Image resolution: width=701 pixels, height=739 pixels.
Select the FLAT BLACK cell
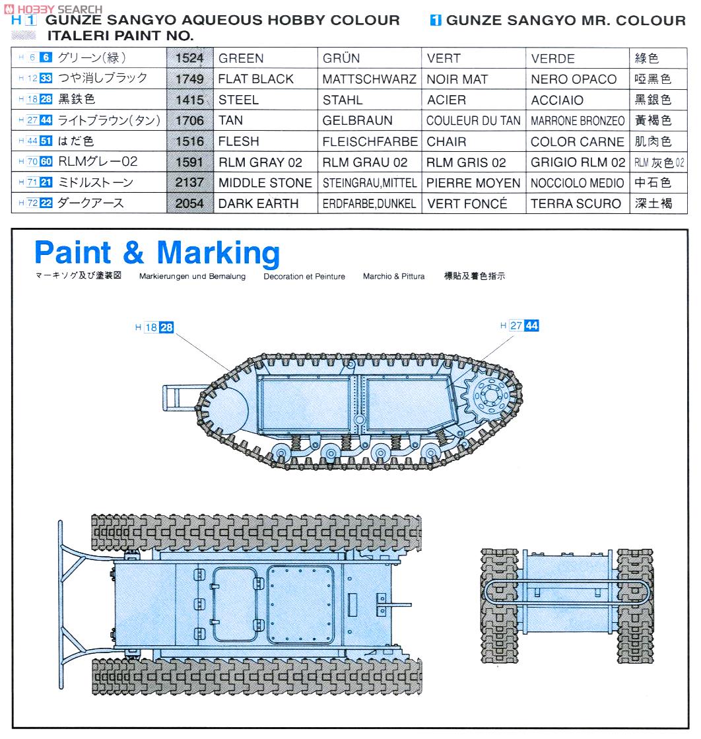click(255, 79)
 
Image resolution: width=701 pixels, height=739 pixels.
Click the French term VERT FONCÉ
click(467, 204)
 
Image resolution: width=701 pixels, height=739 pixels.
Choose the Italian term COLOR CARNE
click(577, 142)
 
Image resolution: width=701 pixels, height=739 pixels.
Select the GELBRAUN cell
click(357, 121)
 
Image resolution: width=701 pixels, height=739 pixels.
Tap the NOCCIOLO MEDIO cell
click(577, 183)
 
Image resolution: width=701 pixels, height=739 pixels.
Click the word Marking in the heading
click(218, 253)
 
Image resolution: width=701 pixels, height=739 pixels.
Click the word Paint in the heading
click(73, 253)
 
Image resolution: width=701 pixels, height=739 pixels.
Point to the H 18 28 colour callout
click(154, 328)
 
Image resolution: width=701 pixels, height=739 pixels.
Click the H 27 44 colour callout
click(519, 326)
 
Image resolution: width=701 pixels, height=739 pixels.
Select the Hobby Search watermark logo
click(53, 9)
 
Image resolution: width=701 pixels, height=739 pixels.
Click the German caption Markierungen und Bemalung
click(192, 277)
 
